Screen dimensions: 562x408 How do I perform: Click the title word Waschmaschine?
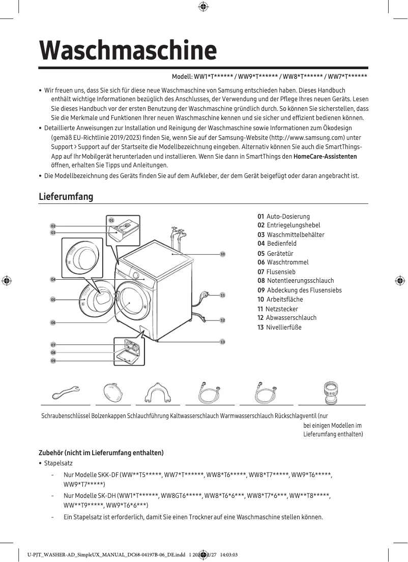click(128, 50)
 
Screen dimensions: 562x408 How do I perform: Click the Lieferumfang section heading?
click(66, 196)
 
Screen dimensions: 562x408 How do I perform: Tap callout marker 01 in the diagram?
click(111, 220)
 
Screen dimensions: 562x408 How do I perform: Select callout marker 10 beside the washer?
click(222, 253)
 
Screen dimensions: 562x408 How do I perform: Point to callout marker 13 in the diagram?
click(222, 342)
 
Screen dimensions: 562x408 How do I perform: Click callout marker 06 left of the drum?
click(53, 322)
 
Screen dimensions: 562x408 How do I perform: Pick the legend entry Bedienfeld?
click(281, 244)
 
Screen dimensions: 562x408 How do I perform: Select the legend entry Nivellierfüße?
click(283, 327)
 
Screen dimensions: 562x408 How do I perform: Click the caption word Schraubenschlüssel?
click(66, 416)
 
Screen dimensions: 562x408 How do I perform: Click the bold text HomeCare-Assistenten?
click(325, 156)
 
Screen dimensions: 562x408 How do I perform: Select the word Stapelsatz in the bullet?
click(59, 463)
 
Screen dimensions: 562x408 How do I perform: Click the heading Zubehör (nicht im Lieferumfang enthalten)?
click(101, 453)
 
